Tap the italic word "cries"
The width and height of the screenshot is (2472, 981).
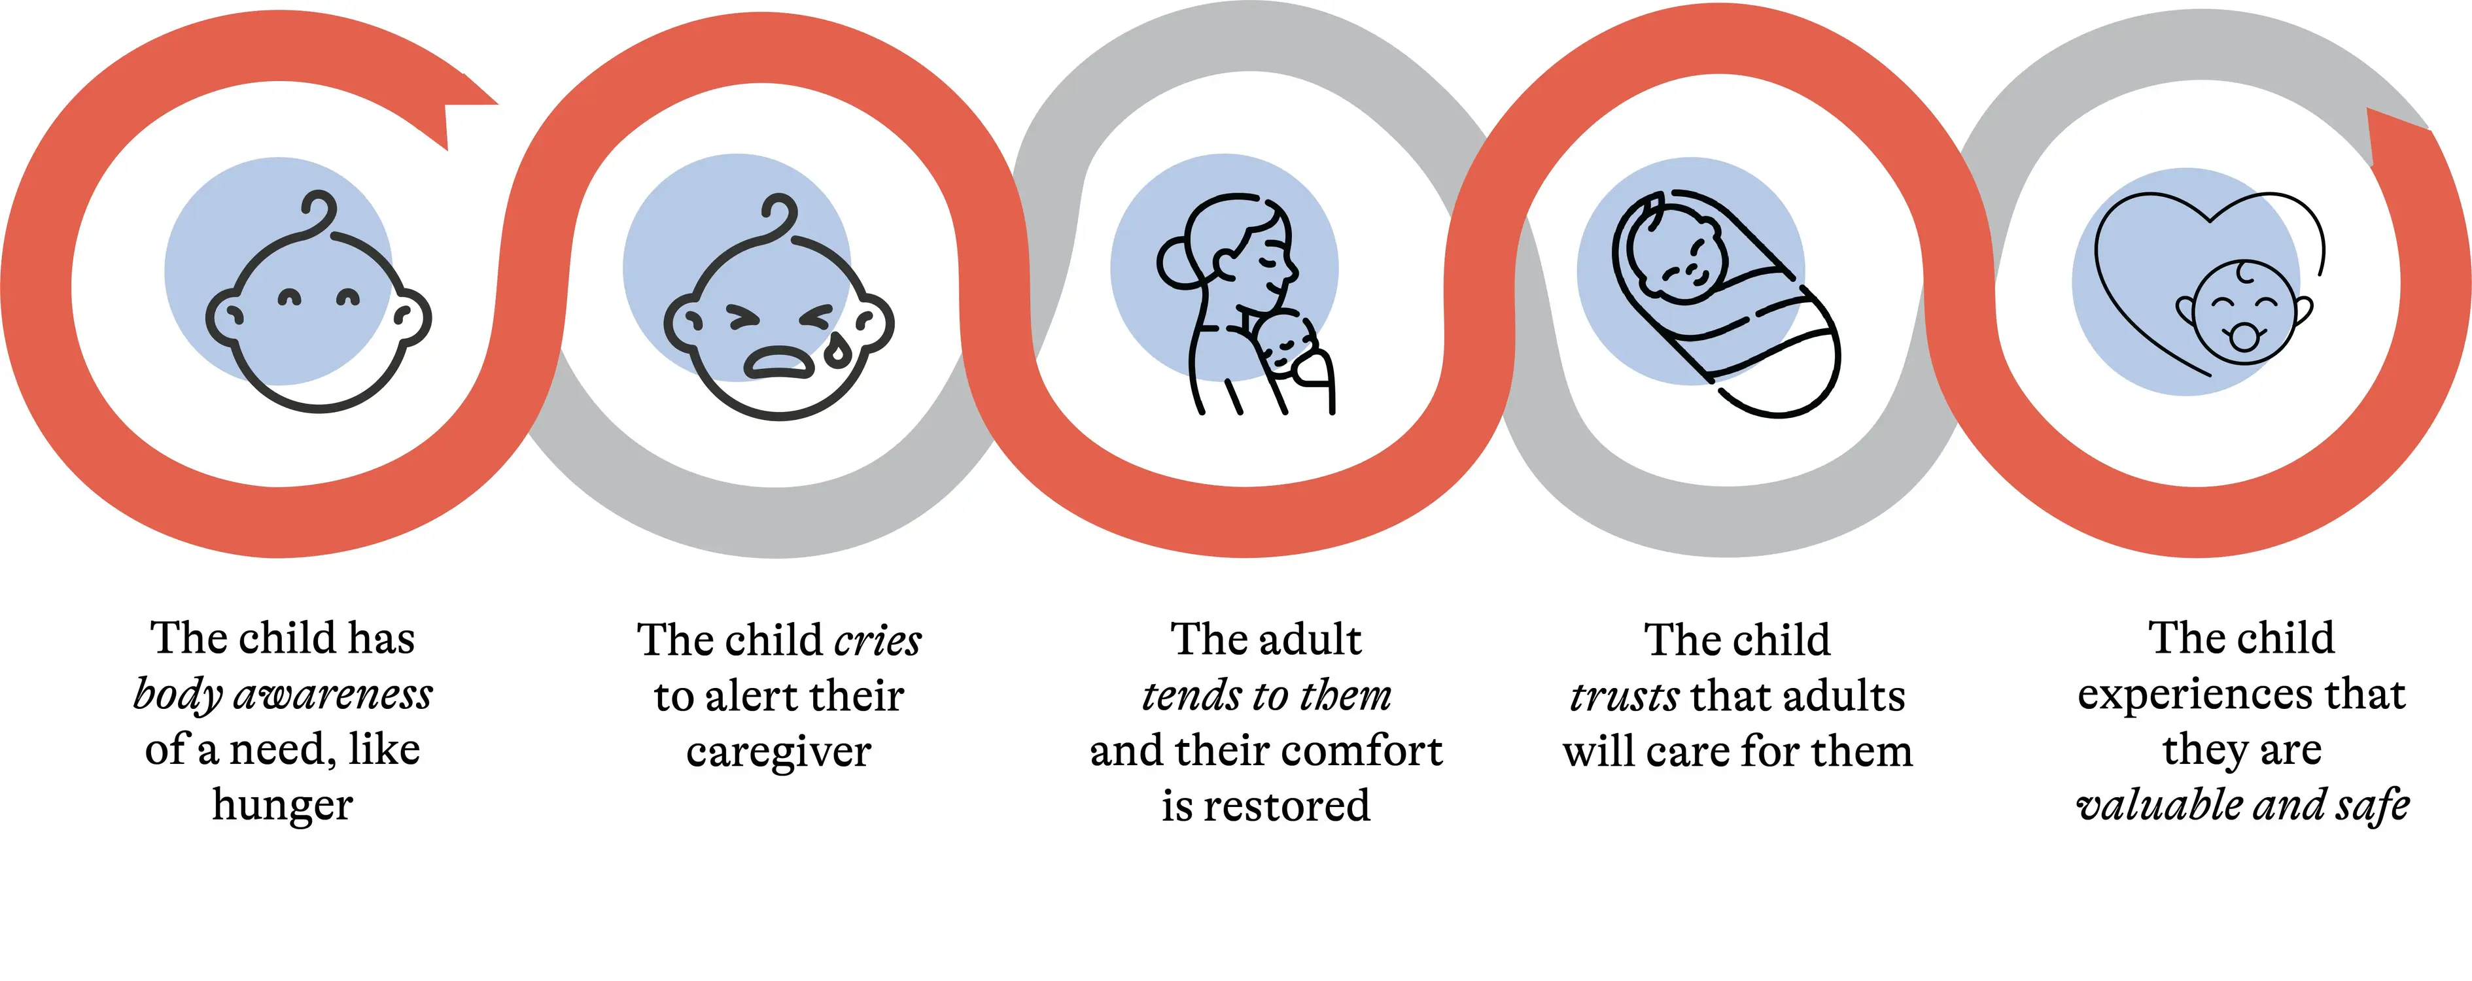[x=878, y=640]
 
